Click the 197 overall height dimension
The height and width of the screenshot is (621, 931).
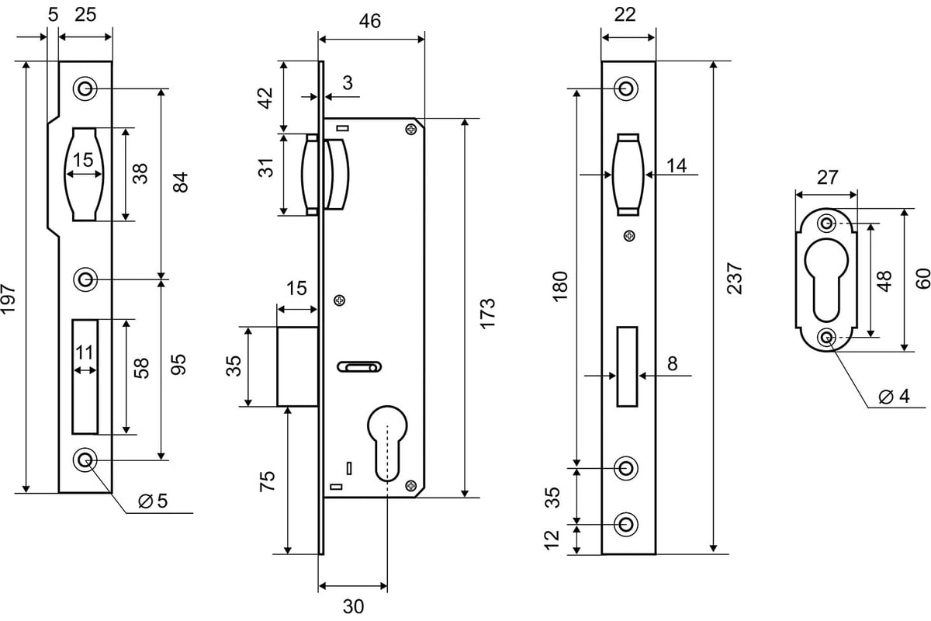[9, 298]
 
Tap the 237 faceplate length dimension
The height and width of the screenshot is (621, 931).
[735, 278]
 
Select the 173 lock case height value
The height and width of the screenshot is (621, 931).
[487, 314]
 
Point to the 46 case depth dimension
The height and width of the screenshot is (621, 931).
[370, 21]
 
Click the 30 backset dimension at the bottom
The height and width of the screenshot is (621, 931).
[353, 606]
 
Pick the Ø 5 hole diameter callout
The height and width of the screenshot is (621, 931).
[153, 501]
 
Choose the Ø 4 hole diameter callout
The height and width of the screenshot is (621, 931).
[895, 396]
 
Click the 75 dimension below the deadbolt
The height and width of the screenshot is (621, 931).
[267, 481]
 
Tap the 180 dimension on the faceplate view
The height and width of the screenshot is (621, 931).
[560, 286]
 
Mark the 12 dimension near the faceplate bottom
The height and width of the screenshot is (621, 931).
[552, 540]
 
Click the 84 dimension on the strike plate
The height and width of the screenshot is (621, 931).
[180, 182]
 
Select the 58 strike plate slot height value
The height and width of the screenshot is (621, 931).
[141, 368]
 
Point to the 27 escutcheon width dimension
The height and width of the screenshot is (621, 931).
[827, 178]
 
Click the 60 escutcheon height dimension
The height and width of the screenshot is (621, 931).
[922, 279]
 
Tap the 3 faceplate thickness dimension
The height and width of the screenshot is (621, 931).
[348, 83]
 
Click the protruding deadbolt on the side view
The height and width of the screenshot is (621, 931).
[298, 366]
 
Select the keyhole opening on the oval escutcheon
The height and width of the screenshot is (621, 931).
[826, 279]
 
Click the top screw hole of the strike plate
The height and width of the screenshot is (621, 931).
[85, 88]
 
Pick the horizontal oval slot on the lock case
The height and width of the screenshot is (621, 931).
[359, 367]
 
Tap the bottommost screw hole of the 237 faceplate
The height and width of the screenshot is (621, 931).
[626, 525]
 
